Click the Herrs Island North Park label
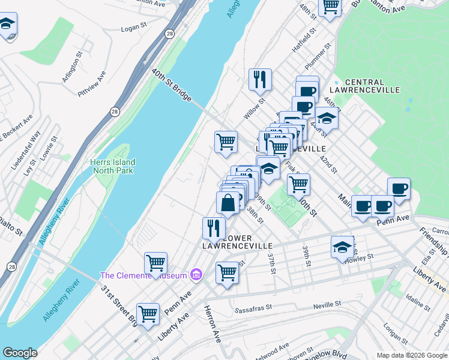point(113,166)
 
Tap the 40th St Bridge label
point(172,85)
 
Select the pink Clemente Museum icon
point(195,275)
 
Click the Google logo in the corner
point(20,353)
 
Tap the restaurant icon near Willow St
point(260,79)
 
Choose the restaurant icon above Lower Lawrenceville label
point(213,227)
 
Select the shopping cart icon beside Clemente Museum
point(155,263)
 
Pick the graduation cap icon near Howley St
point(342,247)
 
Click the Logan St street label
point(134,28)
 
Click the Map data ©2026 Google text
point(412,355)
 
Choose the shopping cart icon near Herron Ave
point(227,272)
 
